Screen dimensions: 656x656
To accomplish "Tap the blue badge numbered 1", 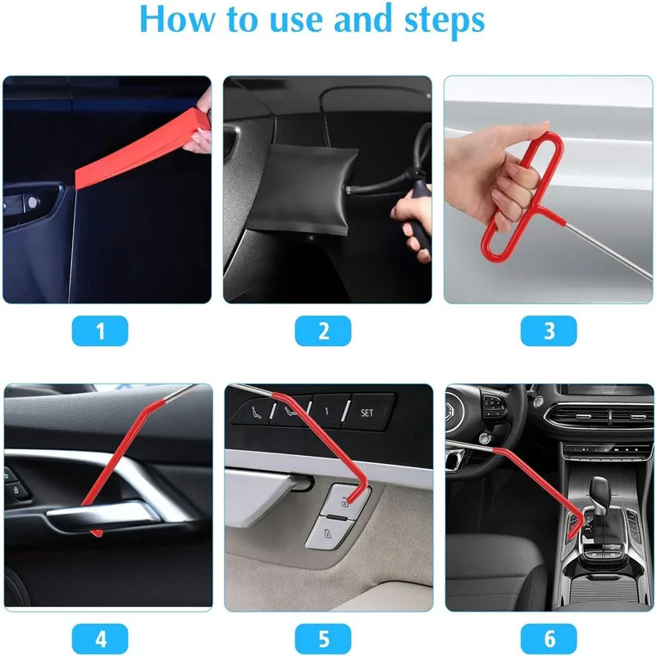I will point(100,330).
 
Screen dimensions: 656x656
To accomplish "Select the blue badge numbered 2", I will point(323,330).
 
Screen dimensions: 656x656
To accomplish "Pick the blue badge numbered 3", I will point(549,330).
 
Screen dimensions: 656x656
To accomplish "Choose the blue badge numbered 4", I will point(100,637).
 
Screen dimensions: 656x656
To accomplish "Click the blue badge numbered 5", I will point(323,637).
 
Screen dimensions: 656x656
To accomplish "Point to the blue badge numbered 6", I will point(549,637).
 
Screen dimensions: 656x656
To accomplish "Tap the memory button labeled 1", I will point(325,410).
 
